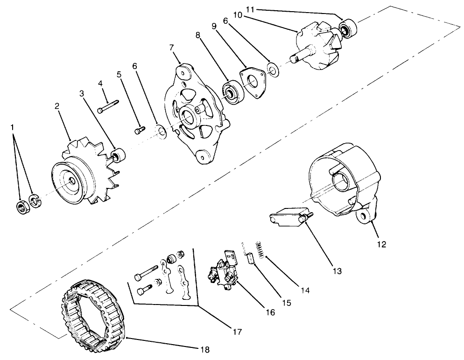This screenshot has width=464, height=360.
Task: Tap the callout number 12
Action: pyautogui.click(x=382, y=244)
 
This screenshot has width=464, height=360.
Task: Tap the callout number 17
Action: pyautogui.click(x=238, y=332)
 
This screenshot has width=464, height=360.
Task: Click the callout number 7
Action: pyautogui.click(x=171, y=48)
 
